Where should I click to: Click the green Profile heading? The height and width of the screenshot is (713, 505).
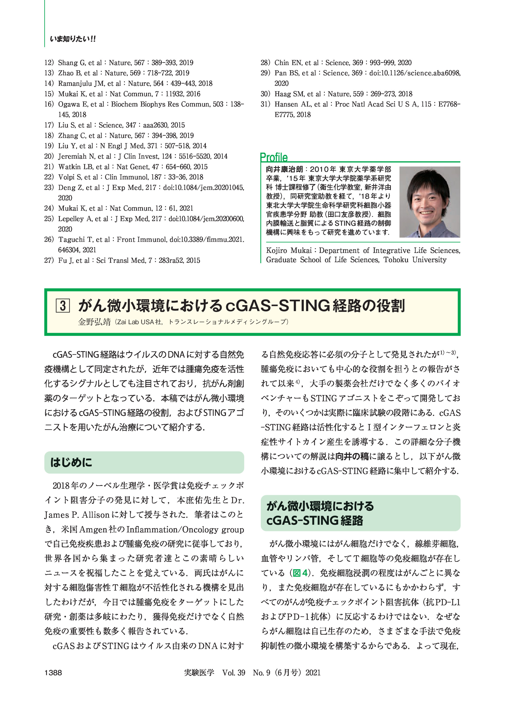click(x=274, y=157)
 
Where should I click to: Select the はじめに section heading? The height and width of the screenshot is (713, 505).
click(x=71, y=462)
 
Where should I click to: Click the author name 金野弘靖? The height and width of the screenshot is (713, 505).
click(x=94, y=322)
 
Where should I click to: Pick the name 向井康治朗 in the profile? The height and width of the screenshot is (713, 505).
click(x=284, y=170)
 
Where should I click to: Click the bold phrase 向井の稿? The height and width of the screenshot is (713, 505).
click(x=352, y=456)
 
